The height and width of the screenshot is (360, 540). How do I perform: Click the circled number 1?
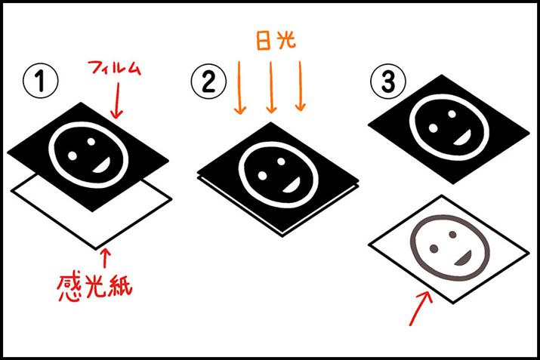(x=41, y=81)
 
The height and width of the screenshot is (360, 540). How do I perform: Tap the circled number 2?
(x=208, y=82)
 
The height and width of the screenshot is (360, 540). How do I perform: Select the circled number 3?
(x=388, y=82)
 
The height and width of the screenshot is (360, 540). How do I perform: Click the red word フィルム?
(x=114, y=68)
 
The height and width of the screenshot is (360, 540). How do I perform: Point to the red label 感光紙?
(x=95, y=286)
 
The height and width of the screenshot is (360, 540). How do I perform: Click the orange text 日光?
(x=276, y=41)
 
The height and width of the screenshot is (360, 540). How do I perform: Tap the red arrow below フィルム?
(x=117, y=100)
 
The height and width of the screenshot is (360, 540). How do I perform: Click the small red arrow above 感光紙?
(x=105, y=258)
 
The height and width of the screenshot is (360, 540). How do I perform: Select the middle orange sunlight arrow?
(x=271, y=88)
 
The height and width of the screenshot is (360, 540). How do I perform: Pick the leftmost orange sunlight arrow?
(x=239, y=88)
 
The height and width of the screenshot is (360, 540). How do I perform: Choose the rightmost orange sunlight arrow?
(x=301, y=86)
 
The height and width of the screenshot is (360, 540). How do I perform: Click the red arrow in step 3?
(x=421, y=309)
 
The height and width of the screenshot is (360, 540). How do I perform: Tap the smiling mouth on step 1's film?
(x=103, y=165)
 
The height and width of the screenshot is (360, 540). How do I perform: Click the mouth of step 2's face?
(x=292, y=186)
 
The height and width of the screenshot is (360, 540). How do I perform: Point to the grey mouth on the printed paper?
(x=464, y=259)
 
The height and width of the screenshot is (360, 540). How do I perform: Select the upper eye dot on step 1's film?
(x=91, y=141)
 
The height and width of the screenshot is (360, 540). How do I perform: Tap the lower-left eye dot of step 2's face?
(x=262, y=176)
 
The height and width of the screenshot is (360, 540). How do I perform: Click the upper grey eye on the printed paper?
(x=452, y=235)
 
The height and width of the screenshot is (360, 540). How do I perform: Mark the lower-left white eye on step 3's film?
(x=434, y=128)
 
